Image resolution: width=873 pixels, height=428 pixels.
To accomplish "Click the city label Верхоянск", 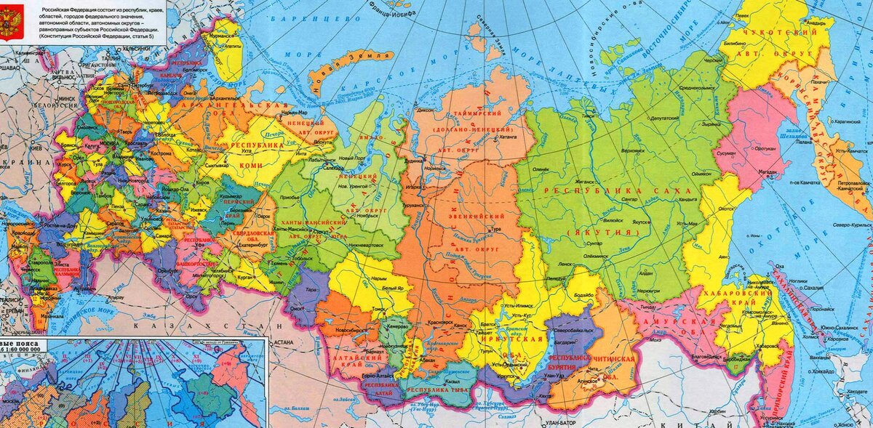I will tap(631, 150).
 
